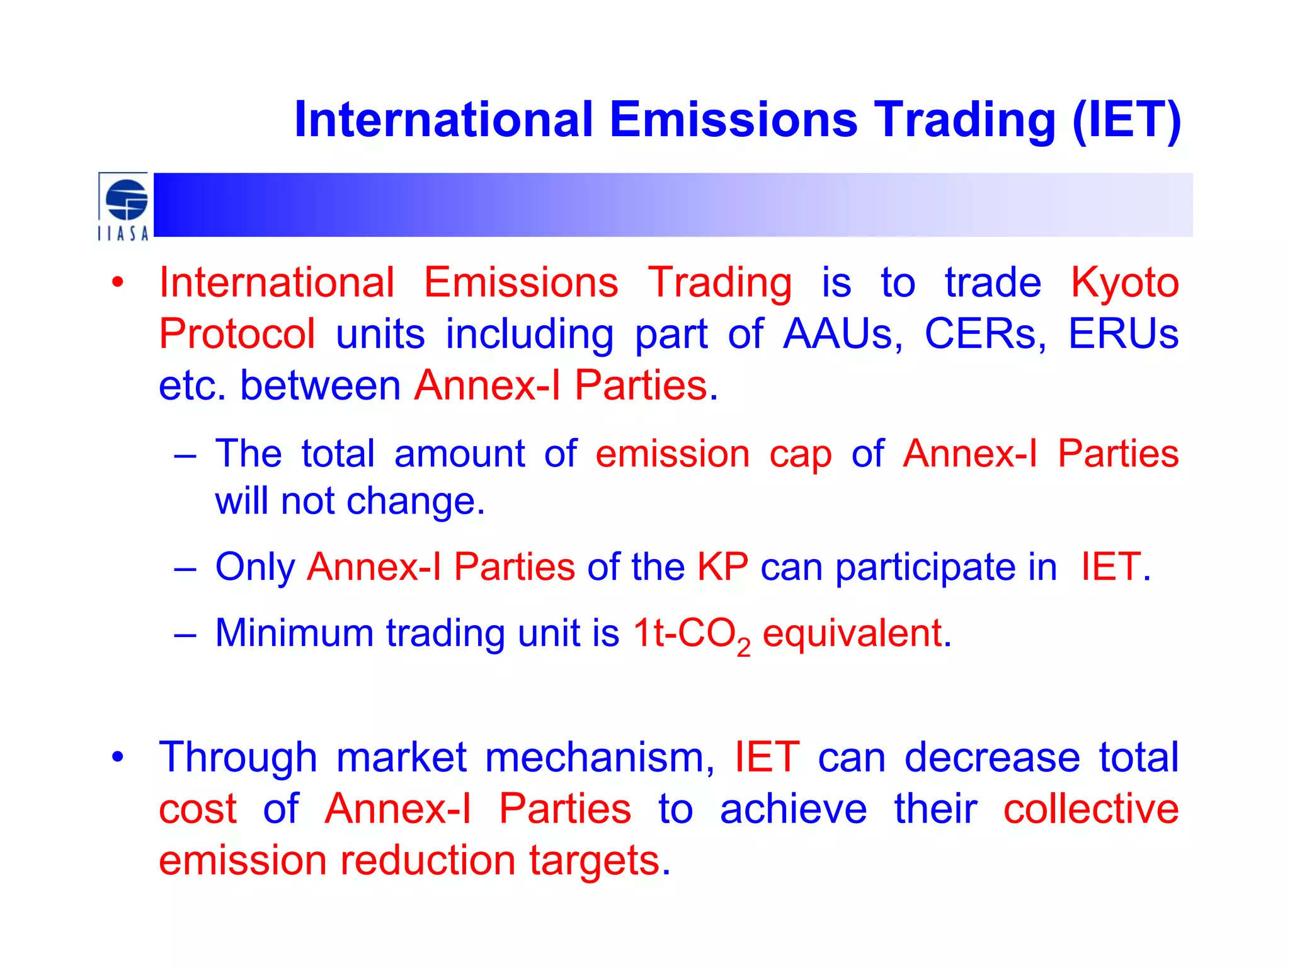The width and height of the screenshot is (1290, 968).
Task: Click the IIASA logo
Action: coord(124,206)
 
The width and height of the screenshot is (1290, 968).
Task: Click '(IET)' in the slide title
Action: coord(1126,120)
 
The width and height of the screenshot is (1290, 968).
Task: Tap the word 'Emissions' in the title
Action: coord(733,120)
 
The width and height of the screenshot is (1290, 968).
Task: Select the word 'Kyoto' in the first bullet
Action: coord(1125,282)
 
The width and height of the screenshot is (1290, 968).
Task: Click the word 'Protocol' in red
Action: coord(237,334)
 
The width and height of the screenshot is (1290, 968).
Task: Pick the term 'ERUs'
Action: coord(1123,334)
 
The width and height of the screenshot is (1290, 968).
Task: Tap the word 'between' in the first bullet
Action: coord(320,386)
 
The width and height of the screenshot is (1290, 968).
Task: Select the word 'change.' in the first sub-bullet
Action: coord(416,502)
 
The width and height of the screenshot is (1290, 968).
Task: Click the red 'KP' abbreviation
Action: coord(722,567)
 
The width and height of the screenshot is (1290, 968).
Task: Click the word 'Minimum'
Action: coord(294,633)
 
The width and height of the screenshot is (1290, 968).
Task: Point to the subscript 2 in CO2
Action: coord(743,647)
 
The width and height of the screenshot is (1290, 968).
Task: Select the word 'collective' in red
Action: coord(1090,809)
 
